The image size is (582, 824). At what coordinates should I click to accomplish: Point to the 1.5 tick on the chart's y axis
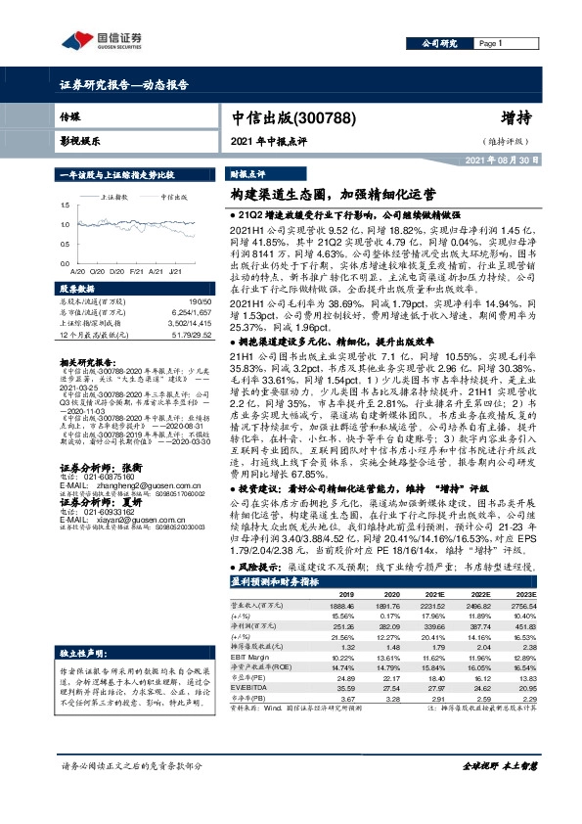point(66,206)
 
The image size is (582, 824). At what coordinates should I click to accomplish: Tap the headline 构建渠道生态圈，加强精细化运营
point(314,195)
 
